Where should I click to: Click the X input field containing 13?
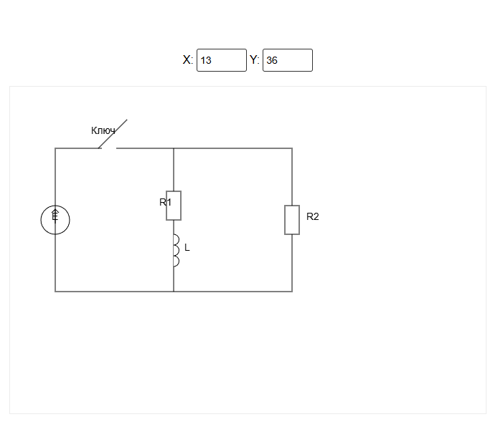tap(222, 60)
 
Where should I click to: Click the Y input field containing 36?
tap(287, 60)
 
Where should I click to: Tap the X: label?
tap(188, 60)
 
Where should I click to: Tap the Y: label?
tap(255, 60)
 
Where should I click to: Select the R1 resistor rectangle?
tap(174, 206)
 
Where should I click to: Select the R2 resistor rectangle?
tap(292, 220)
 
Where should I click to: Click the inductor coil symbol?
tap(175, 251)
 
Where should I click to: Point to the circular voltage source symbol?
tap(55, 220)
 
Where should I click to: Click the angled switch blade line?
tap(113, 134)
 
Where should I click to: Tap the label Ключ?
tap(103, 130)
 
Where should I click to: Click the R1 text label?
tap(165, 202)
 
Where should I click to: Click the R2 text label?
tap(312, 216)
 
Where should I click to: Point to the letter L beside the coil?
tap(187, 248)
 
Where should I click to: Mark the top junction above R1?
tap(174, 148)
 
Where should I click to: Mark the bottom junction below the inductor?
tap(174, 292)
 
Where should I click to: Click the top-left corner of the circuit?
tap(55, 148)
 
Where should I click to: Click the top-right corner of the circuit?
tap(292, 148)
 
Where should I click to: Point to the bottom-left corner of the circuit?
tap(55, 292)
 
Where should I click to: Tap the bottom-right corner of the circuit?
tap(292, 292)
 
